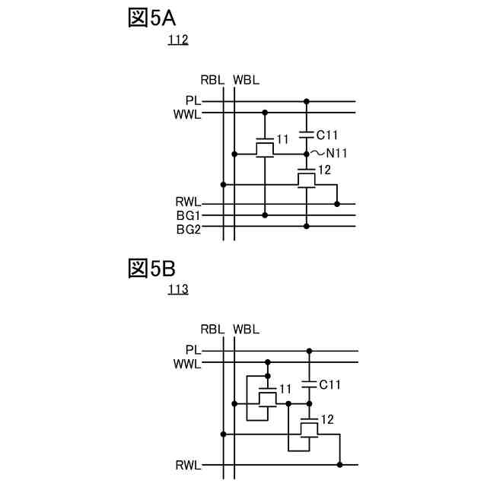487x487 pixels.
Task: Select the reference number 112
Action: tap(178, 40)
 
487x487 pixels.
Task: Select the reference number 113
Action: tap(178, 290)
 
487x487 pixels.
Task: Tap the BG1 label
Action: tap(188, 215)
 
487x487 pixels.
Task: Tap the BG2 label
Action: tap(188, 228)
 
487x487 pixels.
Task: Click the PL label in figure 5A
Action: tap(193, 100)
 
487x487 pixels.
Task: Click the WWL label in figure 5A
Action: tap(186, 114)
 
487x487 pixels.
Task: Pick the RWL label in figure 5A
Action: tap(188, 202)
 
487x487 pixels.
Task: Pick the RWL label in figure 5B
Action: tap(188, 464)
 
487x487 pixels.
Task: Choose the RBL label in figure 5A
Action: tap(212, 80)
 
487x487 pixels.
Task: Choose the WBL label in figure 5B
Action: tap(246, 329)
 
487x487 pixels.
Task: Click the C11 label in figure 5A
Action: tap(326, 135)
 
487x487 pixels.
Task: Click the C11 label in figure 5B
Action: tap(329, 385)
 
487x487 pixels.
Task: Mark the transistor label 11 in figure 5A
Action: tap(282, 139)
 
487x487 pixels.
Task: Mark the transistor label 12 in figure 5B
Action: tap(327, 419)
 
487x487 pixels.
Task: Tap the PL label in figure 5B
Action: tap(193, 350)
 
